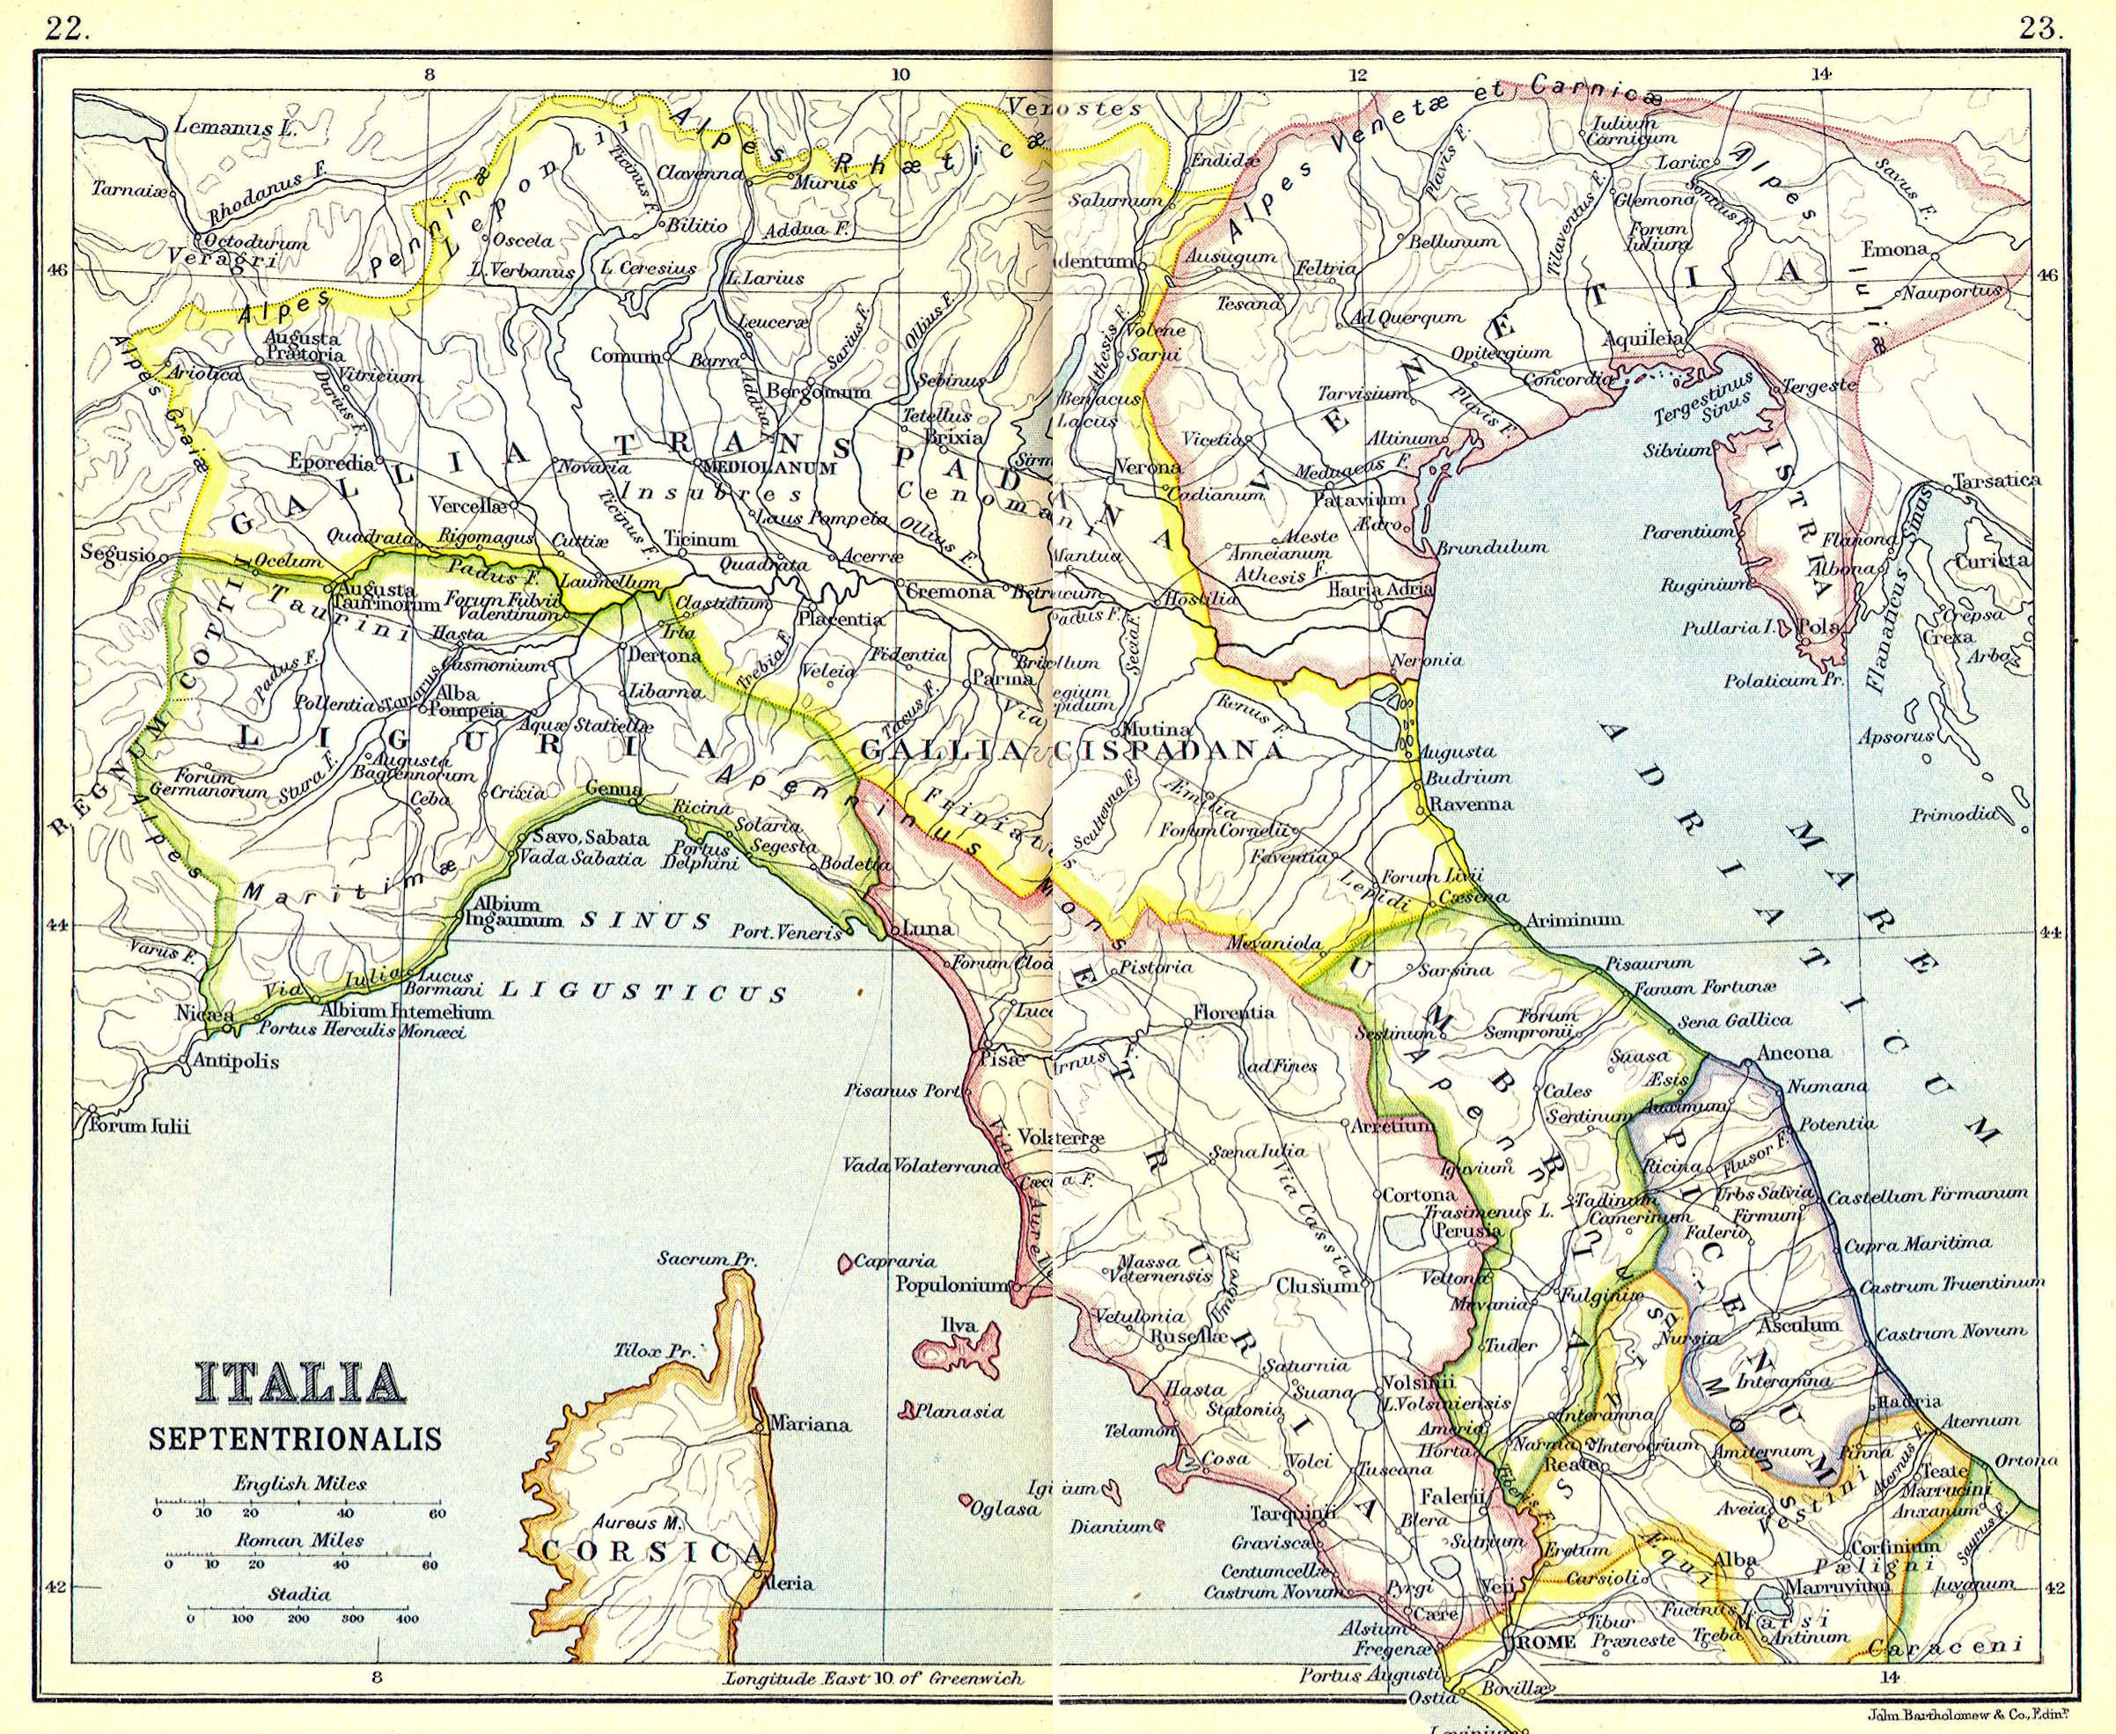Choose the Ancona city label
[x=1794, y=1052]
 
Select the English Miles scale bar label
[x=299, y=1483]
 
